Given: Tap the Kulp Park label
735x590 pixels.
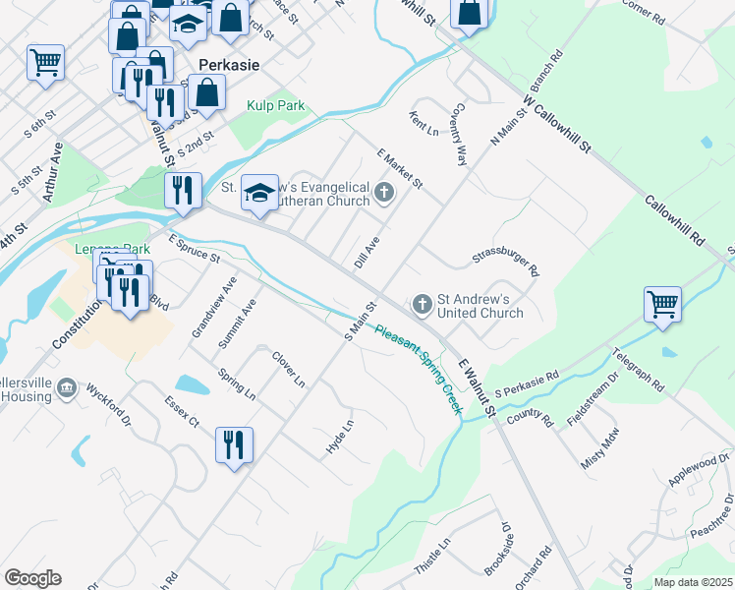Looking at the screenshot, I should tap(276, 106).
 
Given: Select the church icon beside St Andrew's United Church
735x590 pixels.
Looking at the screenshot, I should tap(423, 304).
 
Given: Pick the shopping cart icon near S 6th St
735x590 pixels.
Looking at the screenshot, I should tap(45, 62).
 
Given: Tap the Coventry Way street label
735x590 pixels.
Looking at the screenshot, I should tap(459, 138).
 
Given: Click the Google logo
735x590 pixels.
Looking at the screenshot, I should tap(32, 578).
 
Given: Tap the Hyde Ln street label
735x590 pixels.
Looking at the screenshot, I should tap(339, 438).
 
